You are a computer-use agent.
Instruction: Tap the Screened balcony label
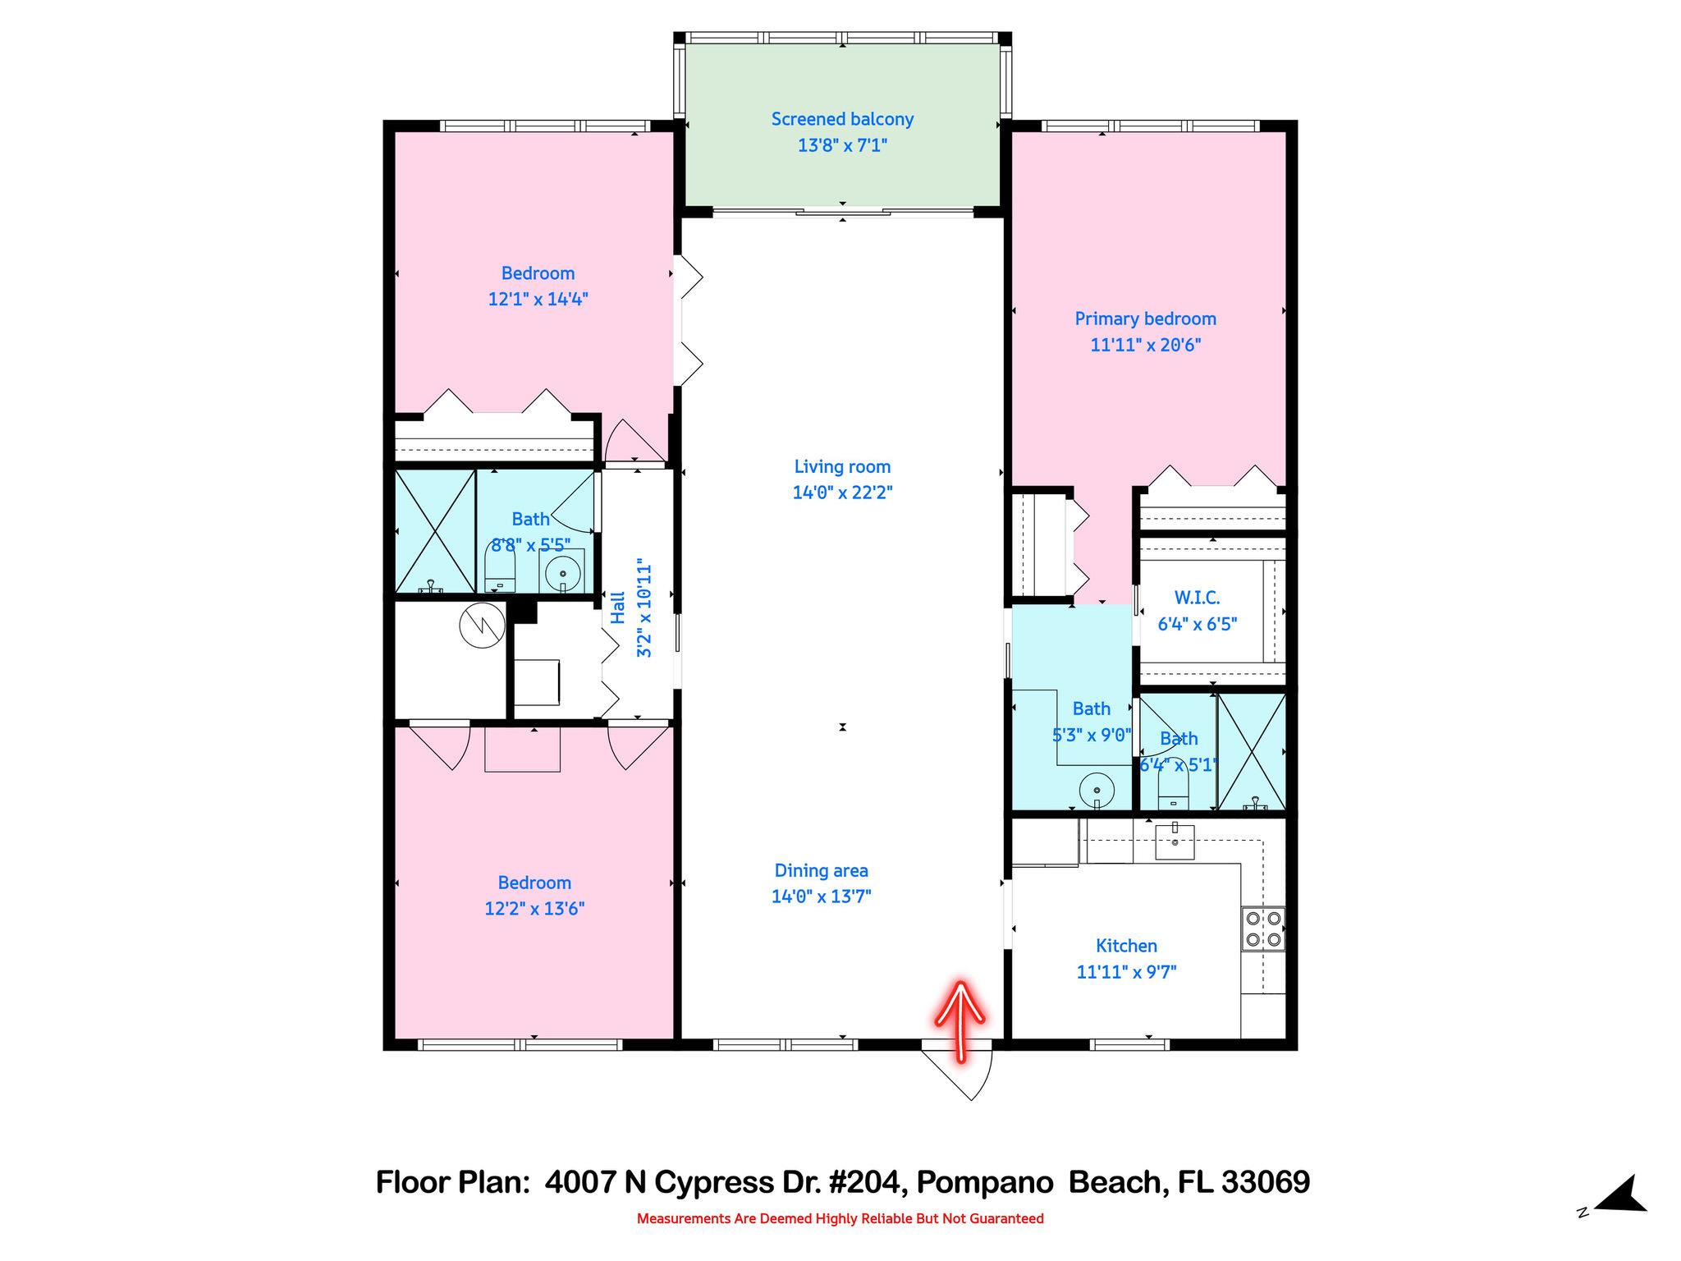(x=842, y=120)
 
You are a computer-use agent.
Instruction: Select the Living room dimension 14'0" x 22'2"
(x=842, y=493)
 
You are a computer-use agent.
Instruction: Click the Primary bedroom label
(x=1145, y=319)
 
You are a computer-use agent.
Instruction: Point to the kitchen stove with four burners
(x=1263, y=929)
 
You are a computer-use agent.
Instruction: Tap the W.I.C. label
(x=1197, y=598)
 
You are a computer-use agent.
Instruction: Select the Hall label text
(x=618, y=608)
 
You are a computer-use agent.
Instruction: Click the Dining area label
(x=821, y=870)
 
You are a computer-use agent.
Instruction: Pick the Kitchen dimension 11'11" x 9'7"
(x=1126, y=972)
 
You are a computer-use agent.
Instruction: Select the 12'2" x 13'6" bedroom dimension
(x=534, y=909)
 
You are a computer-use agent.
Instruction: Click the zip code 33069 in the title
(x=1265, y=1182)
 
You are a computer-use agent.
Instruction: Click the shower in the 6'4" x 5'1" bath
(x=1251, y=751)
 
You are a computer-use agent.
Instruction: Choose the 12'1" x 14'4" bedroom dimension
(x=538, y=299)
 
